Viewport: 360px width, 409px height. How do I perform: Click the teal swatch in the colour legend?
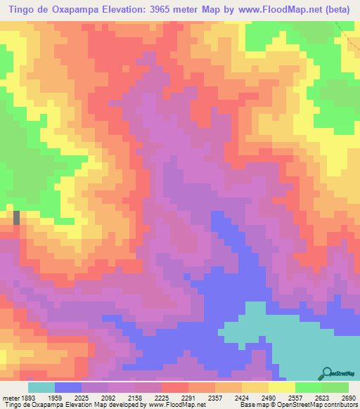[x=41, y=387]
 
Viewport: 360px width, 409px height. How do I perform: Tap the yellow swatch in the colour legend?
[x=282, y=387]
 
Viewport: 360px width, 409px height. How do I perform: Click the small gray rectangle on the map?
[x=16, y=217]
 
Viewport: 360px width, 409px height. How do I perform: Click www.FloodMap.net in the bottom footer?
[x=172, y=405]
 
